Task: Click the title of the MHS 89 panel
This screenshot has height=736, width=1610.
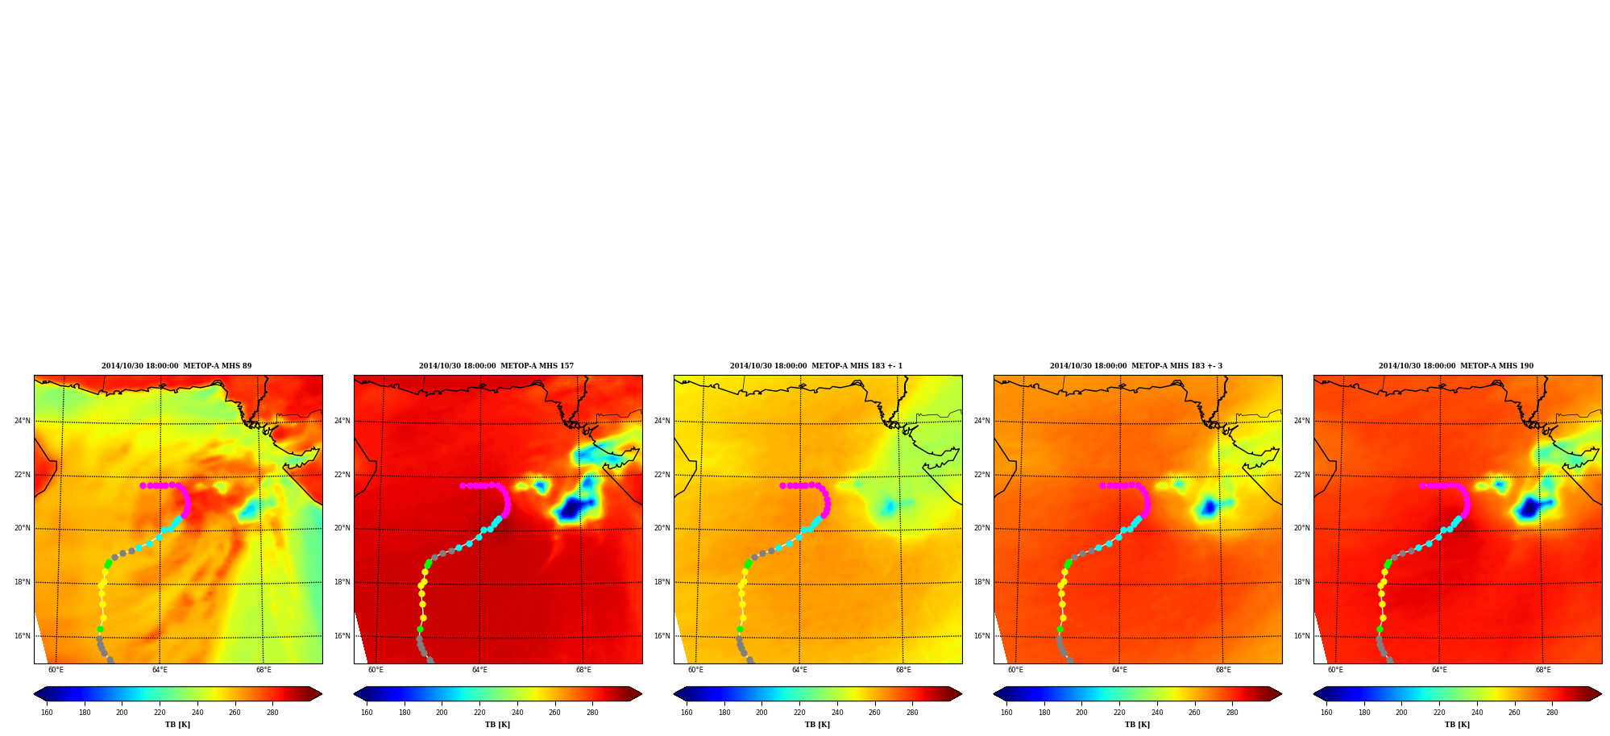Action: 176,366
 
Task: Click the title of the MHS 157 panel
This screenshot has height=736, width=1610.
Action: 496,366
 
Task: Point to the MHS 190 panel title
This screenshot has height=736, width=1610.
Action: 1456,366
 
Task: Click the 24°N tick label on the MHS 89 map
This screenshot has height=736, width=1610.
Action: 23,421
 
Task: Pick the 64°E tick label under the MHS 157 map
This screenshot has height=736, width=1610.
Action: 479,670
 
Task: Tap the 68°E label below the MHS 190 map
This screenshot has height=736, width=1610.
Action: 1543,670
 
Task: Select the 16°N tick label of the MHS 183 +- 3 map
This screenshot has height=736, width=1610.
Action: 982,636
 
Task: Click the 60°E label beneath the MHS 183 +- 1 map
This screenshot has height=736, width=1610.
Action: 695,670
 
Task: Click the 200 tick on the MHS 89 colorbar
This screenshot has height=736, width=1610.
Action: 122,713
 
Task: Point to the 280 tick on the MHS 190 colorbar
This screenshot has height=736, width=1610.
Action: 1552,713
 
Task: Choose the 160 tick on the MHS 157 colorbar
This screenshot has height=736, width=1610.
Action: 367,713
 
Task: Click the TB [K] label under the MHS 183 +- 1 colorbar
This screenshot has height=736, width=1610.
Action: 818,725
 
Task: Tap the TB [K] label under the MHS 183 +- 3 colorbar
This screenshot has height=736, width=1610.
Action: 1138,725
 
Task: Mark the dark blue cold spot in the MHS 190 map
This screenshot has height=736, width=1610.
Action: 1528,508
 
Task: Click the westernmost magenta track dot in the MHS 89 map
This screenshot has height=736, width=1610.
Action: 143,485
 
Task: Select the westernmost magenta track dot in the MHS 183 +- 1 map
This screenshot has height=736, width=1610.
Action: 782,485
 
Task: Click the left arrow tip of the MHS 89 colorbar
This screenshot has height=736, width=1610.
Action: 35,693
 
